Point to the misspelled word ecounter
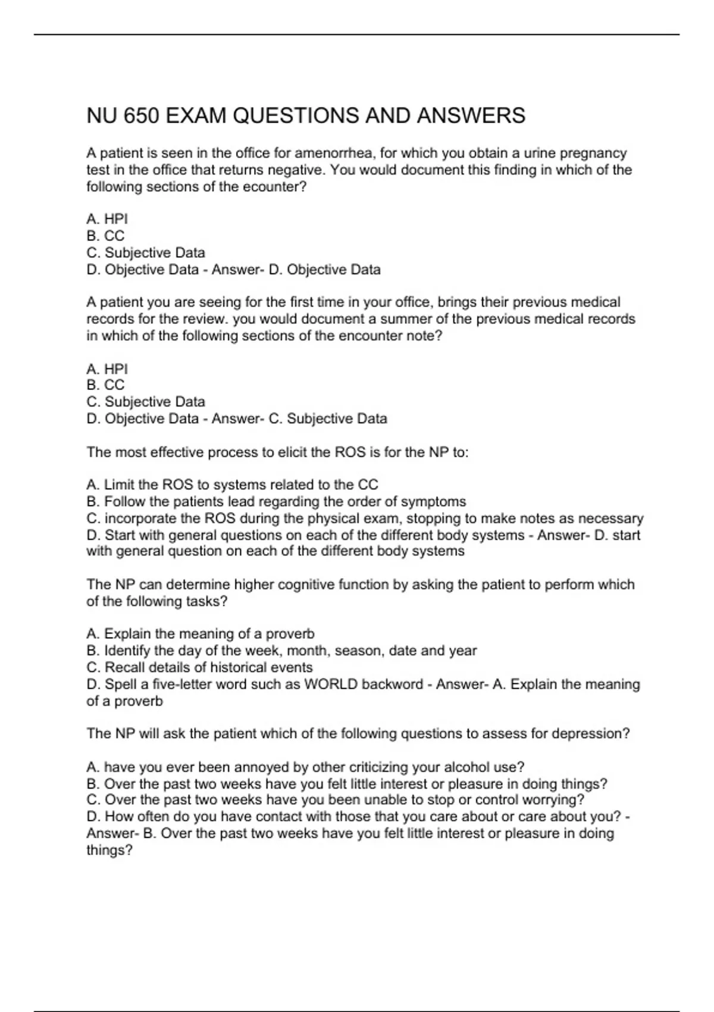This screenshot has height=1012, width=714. [280, 187]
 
